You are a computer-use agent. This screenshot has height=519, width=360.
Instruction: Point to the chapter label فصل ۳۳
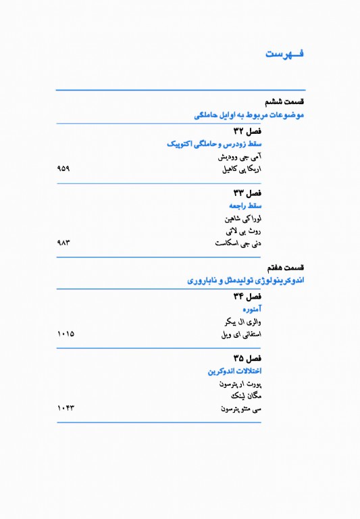coord(247,193)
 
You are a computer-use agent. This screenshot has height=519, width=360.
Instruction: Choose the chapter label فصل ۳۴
coord(247,297)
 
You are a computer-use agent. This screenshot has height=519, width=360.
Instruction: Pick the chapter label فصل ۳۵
coord(247,358)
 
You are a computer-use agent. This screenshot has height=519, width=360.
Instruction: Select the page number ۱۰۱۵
coord(66,334)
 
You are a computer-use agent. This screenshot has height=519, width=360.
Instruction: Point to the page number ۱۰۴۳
coord(66,408)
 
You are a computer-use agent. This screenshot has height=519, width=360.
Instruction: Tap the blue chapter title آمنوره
coord(252,309)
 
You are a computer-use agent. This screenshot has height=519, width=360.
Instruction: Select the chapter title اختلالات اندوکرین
coord(234,371)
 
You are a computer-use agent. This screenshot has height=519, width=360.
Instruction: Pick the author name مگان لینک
coord(245,396)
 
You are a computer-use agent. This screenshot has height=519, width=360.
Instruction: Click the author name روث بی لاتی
coord(242,231)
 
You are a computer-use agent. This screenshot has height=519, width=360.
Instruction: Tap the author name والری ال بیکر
coord(241,322)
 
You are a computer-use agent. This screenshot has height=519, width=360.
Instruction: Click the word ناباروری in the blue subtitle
coord(202,280)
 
